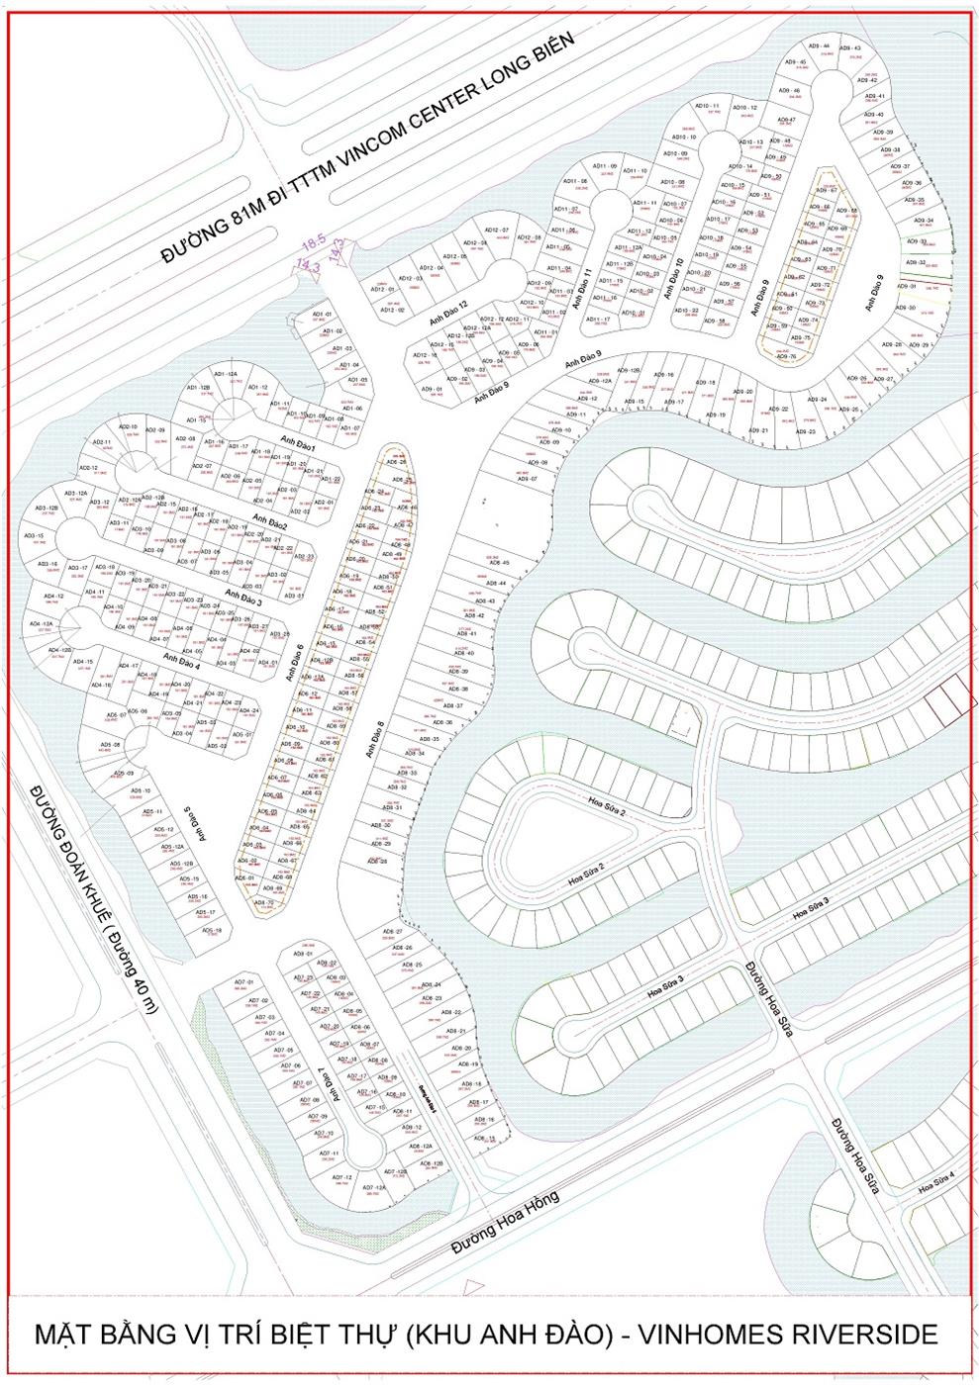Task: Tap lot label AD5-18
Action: [211, 931]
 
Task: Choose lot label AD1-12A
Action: [226, 374]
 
